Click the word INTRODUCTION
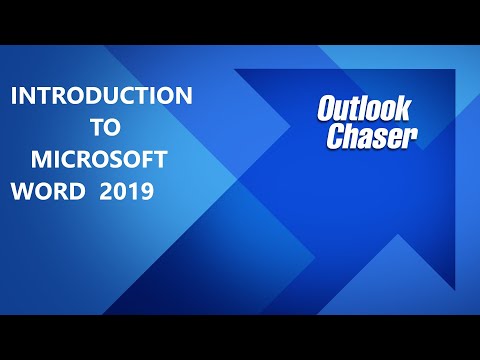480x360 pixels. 101,97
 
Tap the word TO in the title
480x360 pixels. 101,128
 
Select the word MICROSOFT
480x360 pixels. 102,160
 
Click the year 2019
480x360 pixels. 126,192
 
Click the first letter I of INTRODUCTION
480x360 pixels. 13,97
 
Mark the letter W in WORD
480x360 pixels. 19,192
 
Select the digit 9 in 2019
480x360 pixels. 146,192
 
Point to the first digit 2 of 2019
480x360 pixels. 106,192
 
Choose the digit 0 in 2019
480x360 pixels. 120,192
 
